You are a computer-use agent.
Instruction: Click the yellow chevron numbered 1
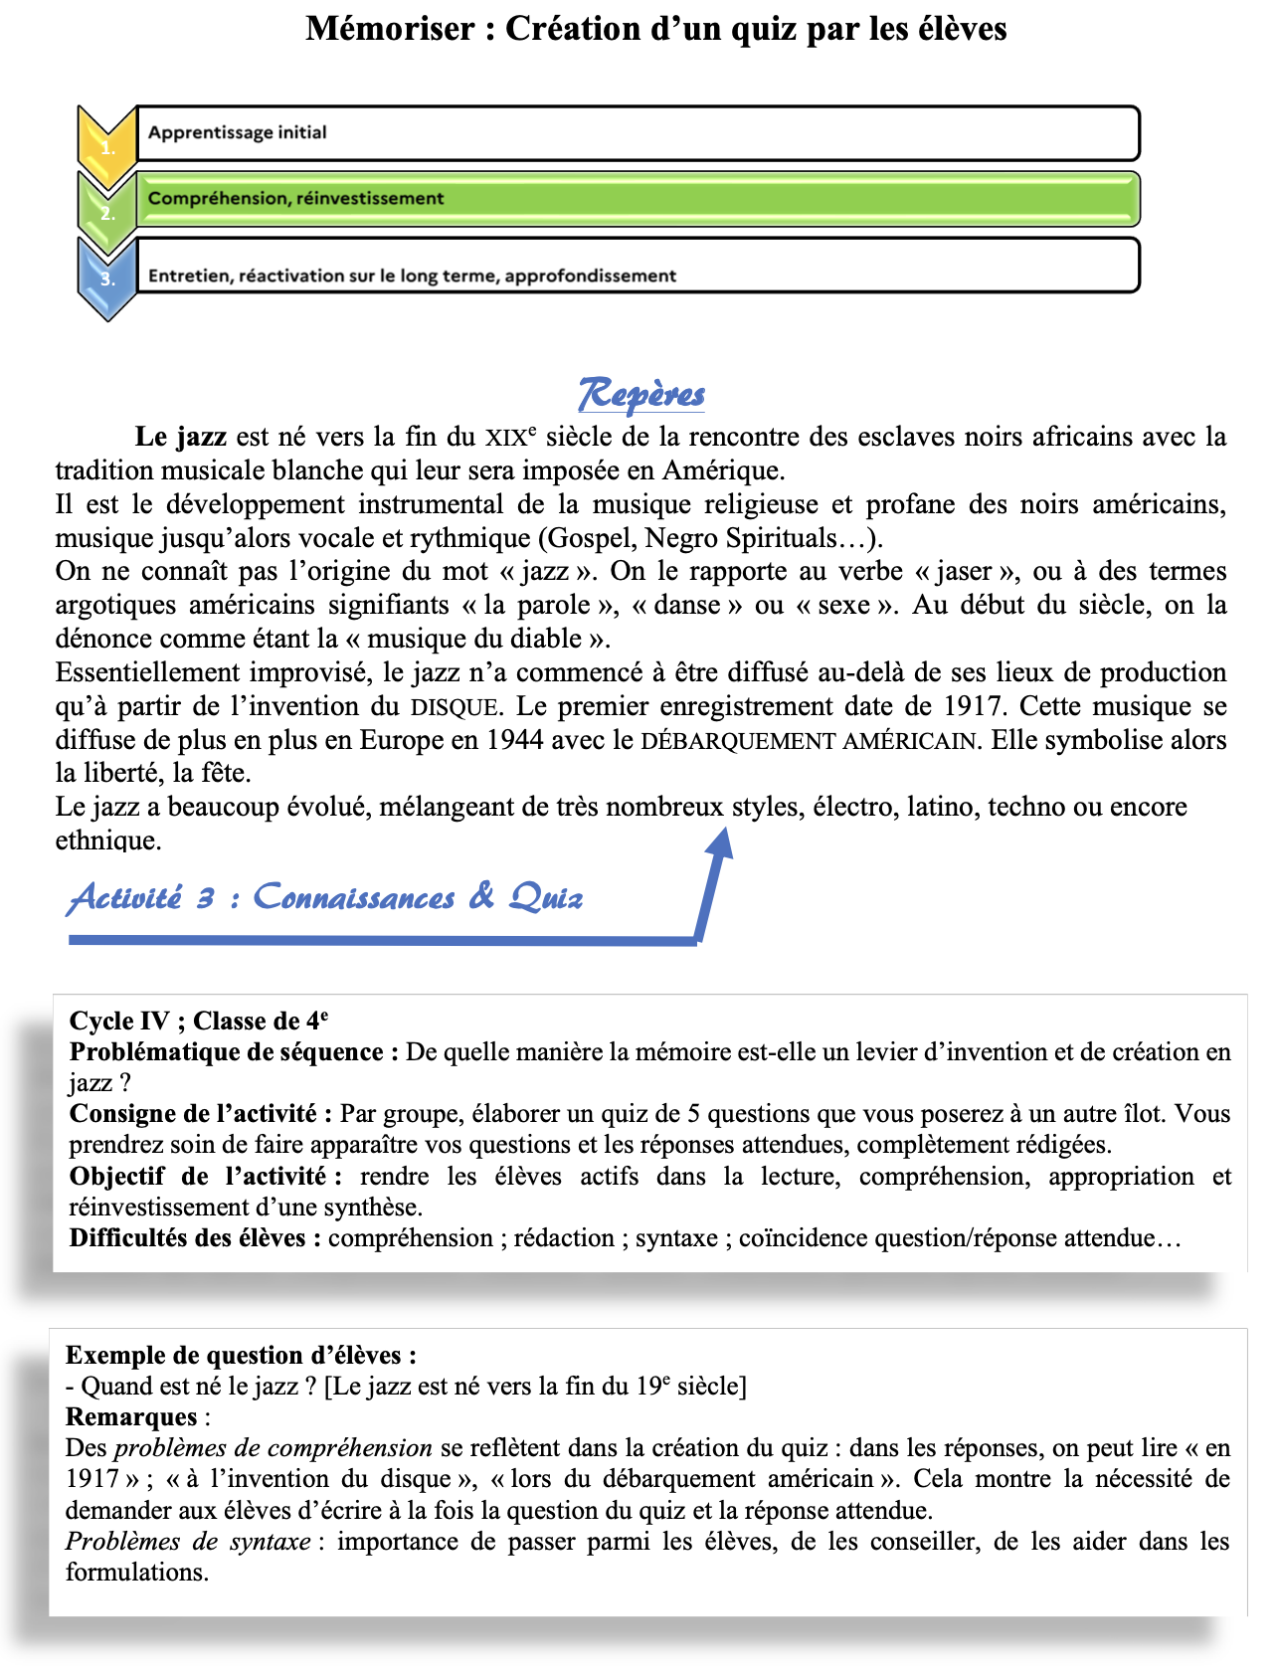click(x=106, y=145)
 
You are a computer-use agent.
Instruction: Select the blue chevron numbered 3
click(x=106, y=278)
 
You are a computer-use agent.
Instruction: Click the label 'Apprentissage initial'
click(x=237, y=132)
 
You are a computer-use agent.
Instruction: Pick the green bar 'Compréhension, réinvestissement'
click(x=637, y=199)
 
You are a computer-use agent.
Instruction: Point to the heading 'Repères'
click(x=641, y=395)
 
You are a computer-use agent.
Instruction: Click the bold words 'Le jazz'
click(x=181, y=437)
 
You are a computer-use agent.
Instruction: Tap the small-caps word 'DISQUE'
click(x=455, y=707)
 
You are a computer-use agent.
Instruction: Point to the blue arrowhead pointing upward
click(x=720, y=842)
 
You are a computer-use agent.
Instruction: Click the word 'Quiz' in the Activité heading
click(x=546, y=897)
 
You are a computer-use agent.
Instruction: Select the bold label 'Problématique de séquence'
click(x=227, y=1051)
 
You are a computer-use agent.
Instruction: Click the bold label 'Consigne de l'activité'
click(x=193, y=1113)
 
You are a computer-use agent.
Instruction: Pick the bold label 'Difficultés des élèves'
click(x=188, y=1237)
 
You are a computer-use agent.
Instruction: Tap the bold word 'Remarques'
click(x=131, y=1416)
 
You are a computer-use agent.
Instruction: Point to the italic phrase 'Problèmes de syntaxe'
click(x=189, y=1541)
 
